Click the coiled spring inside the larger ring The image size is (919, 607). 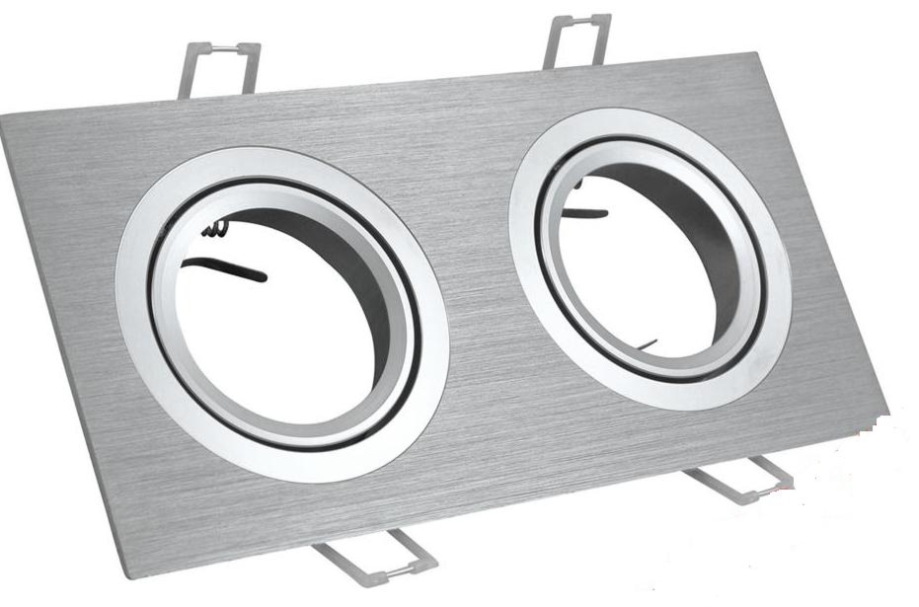[220, 230]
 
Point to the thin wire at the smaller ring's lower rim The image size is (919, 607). [647, 344]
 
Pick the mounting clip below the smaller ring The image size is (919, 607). [740, 479]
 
